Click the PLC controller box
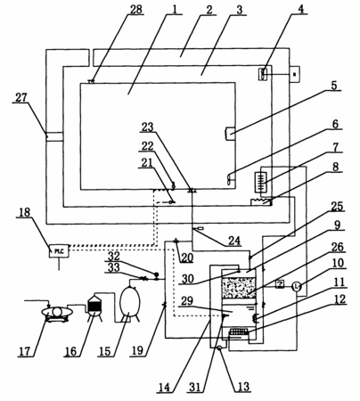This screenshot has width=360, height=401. click(x=60, y=251)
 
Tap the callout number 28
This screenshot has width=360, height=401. click(x=135, y=9)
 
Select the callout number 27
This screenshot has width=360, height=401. click(x=21, y=97)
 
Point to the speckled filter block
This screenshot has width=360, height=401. click(x=239, y=288)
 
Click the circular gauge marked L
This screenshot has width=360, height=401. click(x=296, y=286)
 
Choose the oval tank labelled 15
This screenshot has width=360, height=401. click(x=129, y=303)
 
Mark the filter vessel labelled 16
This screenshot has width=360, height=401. click(x=94, y=307)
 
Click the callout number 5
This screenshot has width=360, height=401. click(x=334, y=86)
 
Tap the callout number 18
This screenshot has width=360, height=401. click(x=25, y=213)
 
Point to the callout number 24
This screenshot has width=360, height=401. click(x=234, y=241)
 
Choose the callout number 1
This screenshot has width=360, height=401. click(x=175, y=9)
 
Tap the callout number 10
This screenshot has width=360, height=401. click(x=337, y=263)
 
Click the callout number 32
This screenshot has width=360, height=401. click(x=112, y=256)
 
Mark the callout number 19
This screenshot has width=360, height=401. click(x=137, y=351)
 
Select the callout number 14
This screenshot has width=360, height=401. click(x=164, y=387)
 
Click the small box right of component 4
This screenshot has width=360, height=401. click(x=294, y=74)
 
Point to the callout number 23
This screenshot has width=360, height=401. click(x=147, y=127)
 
